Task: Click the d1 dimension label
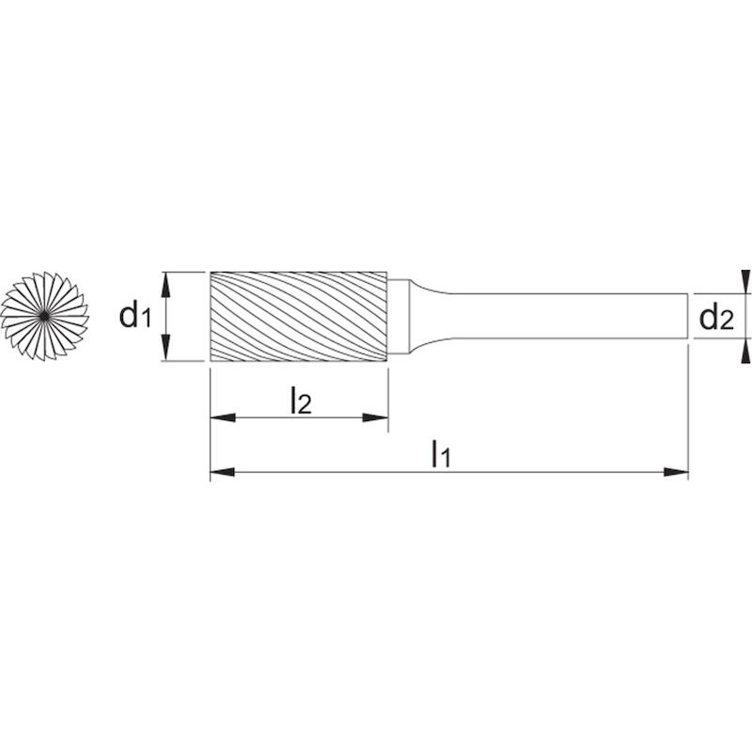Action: pyautogui.click(x=134, y=316)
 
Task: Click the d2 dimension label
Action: pyautogui.click(x=716, y=318)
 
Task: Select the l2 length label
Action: pyautogui.click(x=301, y=400)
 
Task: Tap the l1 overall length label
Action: pyautogui.click(x=441, y=454)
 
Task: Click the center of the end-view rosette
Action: pyautogui.click(x=44, y=316)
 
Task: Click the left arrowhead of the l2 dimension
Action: pyautogui.click(x=223, y=417)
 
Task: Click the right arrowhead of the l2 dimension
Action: pyautogui.click(x=375, y=417)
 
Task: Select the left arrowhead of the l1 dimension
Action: pyautogui.click(x=223, y=473)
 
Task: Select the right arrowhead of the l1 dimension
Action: pyautogui.click(x=676, y=473)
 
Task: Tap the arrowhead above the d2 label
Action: pyautogui.click(x=745, y=281)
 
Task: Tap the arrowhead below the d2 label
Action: pyautogui.click(x=745, y=351)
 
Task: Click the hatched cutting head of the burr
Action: pyautogui.click(x=299, y=317)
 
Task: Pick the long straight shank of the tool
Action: pyautogui.click(x=569, y=316)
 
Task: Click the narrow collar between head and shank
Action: pyautogui.click(x=398, y=317)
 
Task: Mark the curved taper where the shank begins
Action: pyautogui.click(x=429, y=316)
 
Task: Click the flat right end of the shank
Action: pyautogui.click(x=688, y=316)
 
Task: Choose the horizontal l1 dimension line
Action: pyautogui.click(x=449, y=473)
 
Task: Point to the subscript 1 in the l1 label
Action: pyautogui.click(x=446, y=460)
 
